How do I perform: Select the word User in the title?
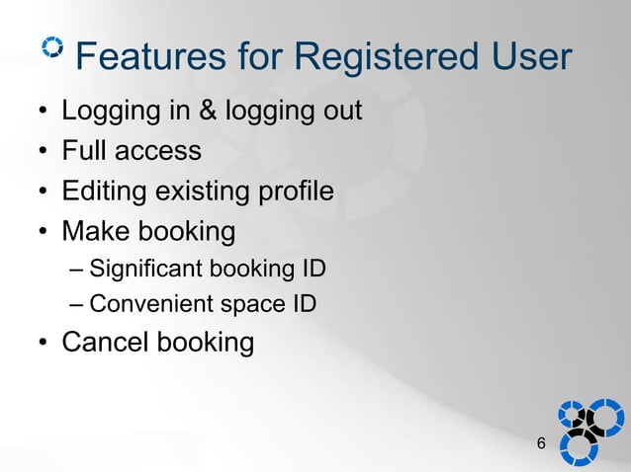(528, 58)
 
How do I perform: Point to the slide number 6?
(540, 444)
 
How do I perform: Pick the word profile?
(296, 192)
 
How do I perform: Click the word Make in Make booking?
(96, 232)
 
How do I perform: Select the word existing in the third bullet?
(203, 193)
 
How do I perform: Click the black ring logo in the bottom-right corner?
(586, 423)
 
